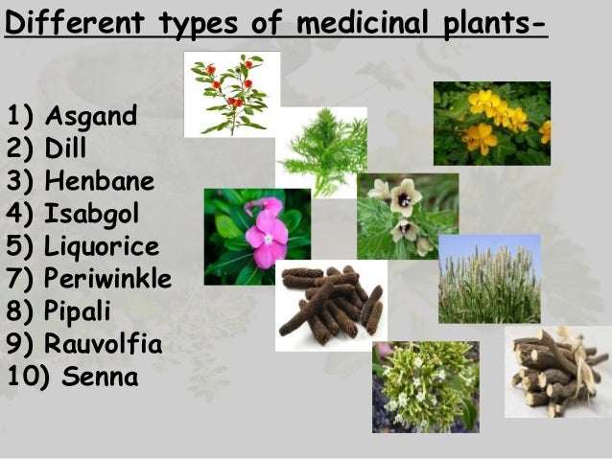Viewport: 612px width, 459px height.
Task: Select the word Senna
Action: [102, 375]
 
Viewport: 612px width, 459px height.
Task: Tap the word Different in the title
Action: [66, 20]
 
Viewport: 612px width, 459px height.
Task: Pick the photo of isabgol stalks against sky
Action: [489, 278]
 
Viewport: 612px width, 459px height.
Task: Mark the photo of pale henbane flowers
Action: [407, 215]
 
